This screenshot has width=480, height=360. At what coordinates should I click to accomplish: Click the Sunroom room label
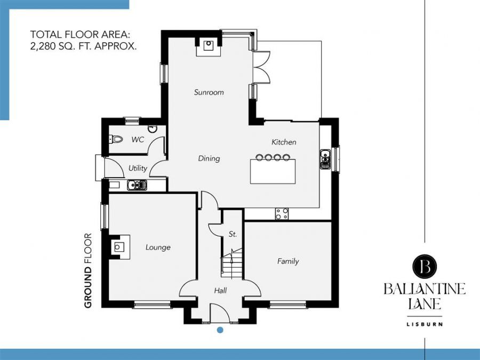point(209,92)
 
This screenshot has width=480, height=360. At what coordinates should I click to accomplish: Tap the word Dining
point(209,158)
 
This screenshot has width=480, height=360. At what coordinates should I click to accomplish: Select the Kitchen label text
point(284,142)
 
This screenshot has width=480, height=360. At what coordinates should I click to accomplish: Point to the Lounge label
point(158,247)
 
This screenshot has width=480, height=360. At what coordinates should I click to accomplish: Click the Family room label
point(288,261)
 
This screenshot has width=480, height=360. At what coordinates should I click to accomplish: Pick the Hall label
point(220,290)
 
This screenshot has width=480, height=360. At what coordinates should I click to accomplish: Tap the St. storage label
point(233,235)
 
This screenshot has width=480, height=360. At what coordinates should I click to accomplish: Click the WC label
point(138,140)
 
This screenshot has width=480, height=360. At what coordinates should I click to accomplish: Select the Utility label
point(138,168)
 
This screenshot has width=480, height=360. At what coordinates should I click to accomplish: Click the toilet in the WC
point(116,139)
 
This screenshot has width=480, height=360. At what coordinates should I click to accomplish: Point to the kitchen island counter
point(273,171)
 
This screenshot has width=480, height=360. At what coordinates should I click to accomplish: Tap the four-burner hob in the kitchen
point(282,214)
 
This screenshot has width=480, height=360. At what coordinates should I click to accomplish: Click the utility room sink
point(137,185)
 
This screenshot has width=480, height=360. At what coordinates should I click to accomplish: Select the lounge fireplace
point(119,247)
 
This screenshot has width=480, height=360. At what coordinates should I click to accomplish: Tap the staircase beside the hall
point(232,263)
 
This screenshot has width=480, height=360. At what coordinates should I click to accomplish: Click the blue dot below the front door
point(220,330)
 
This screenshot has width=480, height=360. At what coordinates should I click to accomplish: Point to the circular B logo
point(425,266)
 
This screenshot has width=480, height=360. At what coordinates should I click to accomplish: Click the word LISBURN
point(425,324)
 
